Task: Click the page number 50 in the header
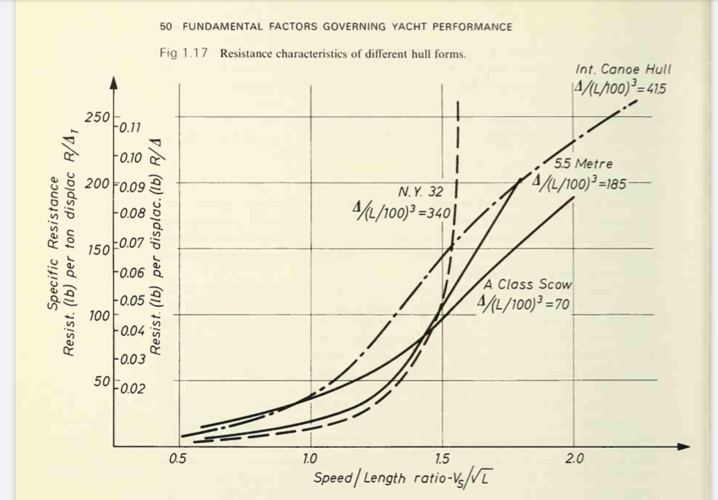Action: pos(165,27)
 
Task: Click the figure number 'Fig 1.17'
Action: pos(183,54)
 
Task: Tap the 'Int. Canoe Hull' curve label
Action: pos(623,69)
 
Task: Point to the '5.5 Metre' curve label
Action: pos(583,165)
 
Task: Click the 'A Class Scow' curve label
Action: pos(528,284)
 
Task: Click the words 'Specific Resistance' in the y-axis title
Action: pos(53,242)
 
